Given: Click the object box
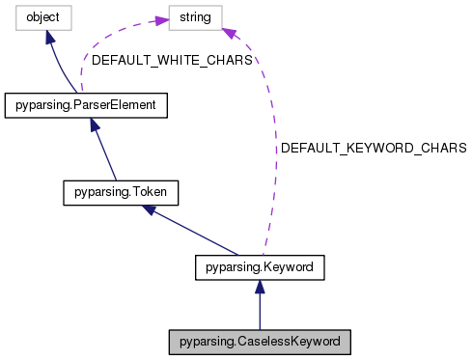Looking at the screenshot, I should pyautogui.click(x=35, y=16).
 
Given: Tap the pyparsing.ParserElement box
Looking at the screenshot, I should pyautogui.click(x=87, y=103).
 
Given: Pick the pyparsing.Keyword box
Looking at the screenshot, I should pyautogui.click(x=260, y=263).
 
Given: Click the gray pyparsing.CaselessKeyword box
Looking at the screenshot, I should pyautogui.click(x=260, y=342).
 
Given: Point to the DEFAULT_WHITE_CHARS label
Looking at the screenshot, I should pyautogui.click(x=172, y=60).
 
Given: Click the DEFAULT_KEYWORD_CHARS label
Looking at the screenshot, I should pyautogui.click(x=374, y=149).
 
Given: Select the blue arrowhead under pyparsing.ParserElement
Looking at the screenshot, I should pyautogui.click(x=95, y=124).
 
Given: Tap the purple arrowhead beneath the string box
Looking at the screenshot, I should pyautogui.click(x=228, y=34).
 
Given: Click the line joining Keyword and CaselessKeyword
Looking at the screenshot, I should pyautogui.click(x=260, y=309).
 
